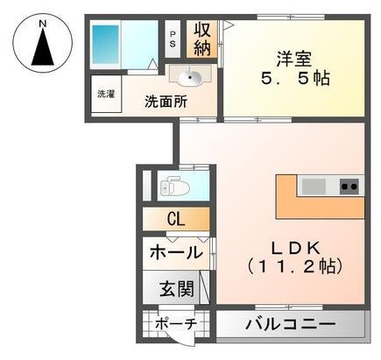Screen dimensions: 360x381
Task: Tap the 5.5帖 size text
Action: [294, 78]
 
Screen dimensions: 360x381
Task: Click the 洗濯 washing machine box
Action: [106, 94]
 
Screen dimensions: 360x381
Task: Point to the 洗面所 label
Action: [166, 100]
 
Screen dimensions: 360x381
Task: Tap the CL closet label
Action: [175, 219]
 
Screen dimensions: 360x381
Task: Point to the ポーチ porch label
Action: [177, 325]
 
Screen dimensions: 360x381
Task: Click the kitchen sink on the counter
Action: [313, 185]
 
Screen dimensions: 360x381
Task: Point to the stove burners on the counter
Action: [349, 185]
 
